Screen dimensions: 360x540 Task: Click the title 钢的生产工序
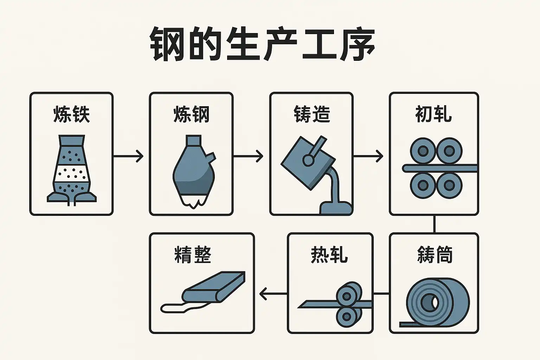click(262, 45)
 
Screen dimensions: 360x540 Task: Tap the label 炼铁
click(71, 114)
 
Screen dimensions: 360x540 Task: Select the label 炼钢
click(191, 114)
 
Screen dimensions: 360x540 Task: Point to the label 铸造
click(311, 114)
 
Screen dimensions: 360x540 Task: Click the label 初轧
click(433, 114)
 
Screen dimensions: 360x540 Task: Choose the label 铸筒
click(435, 255)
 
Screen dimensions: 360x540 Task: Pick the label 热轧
click(329, 255)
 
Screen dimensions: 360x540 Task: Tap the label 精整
click(193, 255)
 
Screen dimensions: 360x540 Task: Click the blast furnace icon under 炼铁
click(71, 169)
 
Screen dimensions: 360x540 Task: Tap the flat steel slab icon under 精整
click(214, 287)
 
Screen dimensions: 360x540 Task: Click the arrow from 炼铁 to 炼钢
click(128, 156)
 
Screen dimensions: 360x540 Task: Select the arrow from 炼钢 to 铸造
click(248, 156)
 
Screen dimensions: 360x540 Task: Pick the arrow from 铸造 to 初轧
click(368, 156)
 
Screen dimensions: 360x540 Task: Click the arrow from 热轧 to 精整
click(273, 294)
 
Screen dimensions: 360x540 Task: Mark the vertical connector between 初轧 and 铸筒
click(435, 224)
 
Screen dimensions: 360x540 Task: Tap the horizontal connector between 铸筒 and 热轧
click(381, 293)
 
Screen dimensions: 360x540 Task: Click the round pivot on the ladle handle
click(308, 160)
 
